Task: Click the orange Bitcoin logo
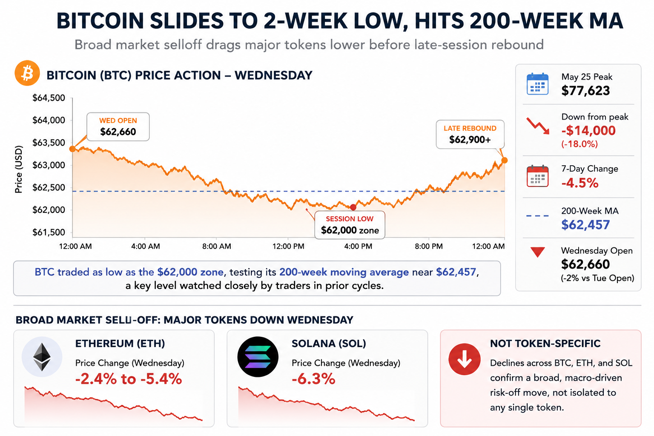(x=27, y=73)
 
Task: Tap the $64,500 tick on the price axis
(x=49, y=98)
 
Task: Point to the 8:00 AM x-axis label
(x=217, y=246)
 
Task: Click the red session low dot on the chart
(x=353, y=207)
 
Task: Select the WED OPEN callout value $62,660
(x=118, y=132)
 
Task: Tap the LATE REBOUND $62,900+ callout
(x=470, y=134)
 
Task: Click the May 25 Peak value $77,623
(x=585, y=91)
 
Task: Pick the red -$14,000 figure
(x=588, y=131)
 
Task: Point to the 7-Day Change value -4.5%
(x=580, y=183)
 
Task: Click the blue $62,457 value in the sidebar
(x=585, y=224)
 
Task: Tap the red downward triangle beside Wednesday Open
(x=537, y=252)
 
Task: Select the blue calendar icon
(x=537, y=84)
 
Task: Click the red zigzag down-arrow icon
(x=538, y=126)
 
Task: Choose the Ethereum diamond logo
(x=42, y=357)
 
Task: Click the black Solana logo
(x=258, y=357)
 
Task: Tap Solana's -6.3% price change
(x=313, y=379)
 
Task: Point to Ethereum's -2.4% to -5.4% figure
(x=129, y=379)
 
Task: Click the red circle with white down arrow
(x=465, y=359)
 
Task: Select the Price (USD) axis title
(x=18, y=169)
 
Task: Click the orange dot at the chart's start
(x=72, y=149)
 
